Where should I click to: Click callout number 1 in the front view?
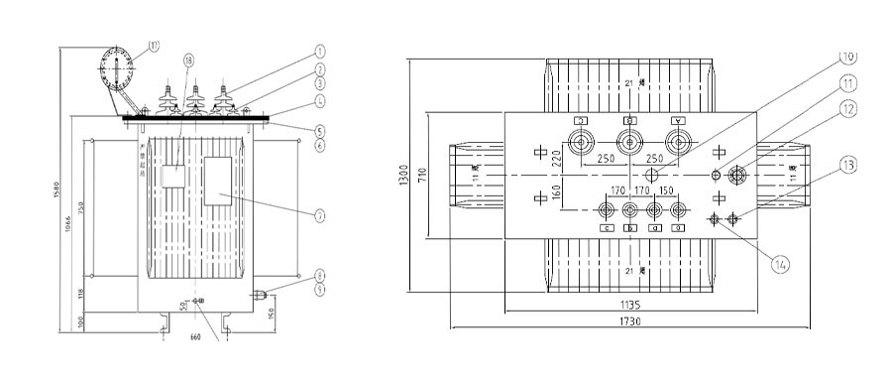pyautogui.click(x=321, y=50)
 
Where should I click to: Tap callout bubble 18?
pyautogui.click(x=188, y=62)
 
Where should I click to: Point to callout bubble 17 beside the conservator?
pyautogui.click(x=154, y=44)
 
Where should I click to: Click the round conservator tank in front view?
pyautogui.click(x=116, y=70)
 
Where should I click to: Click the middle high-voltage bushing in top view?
pyautogui.click(x=628, y=139)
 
